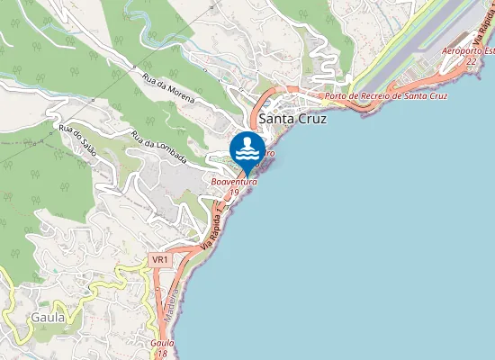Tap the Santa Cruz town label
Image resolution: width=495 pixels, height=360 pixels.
pos(292,118)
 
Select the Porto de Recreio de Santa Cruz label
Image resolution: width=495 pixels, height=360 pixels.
pos(386,95)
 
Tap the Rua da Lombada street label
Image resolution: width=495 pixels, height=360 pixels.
pos(158,148)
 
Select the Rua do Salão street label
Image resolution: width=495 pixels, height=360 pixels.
pos(76,139)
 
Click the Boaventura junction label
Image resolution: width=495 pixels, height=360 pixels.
pos(234,182)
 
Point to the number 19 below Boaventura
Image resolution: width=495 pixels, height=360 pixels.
pos(234,192)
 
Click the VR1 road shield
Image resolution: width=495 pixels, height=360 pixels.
pos(160,259)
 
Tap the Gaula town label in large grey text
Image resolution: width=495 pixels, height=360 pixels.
pos(48,317)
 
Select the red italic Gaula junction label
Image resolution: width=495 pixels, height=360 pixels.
pos(162,343)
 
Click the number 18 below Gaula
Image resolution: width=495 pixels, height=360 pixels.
pos(162,353)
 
